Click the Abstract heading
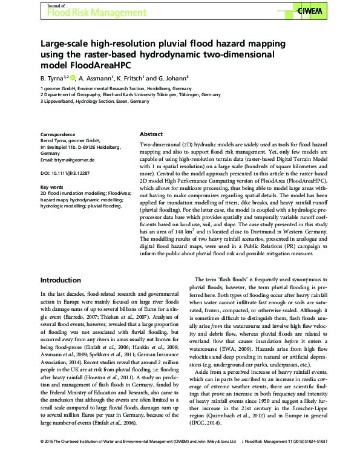151,134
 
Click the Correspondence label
57,134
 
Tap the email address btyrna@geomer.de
67,159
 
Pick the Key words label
51,188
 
